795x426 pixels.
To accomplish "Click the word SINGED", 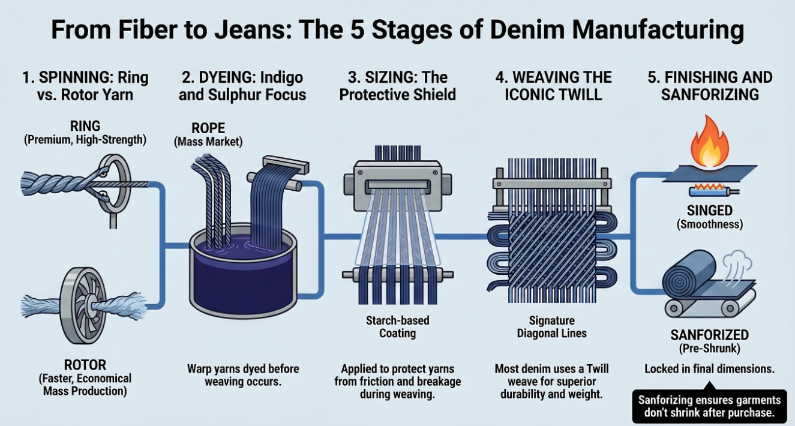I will tap(710, 211).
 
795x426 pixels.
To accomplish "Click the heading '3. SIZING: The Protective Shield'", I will tap(397, 85).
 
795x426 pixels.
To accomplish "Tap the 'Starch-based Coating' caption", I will tap(397, 326).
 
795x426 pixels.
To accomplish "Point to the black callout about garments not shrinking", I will tap(709, 407).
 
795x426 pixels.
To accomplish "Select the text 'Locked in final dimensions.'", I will tap(709, 369).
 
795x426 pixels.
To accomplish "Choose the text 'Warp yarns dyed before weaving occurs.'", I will tap(243, 375).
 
